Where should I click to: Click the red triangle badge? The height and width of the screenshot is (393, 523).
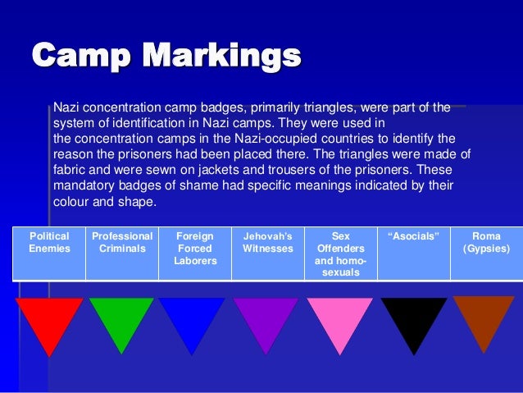50,320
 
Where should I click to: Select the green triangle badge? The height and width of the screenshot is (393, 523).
121,320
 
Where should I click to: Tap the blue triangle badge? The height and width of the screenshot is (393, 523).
192,320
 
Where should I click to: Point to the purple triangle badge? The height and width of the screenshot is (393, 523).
265,320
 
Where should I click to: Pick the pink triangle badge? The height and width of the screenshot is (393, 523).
339,320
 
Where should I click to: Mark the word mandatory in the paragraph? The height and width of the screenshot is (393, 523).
82,186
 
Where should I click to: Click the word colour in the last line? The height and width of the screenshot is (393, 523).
71,203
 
